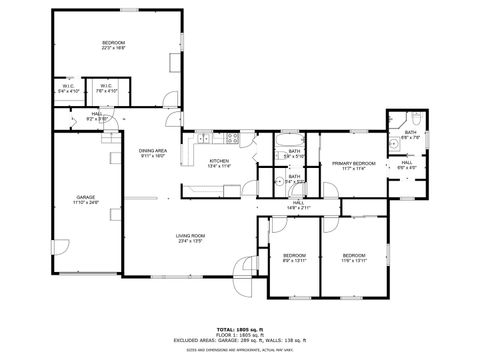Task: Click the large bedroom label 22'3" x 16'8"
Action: click(113, 45)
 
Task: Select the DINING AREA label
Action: click(153, 153)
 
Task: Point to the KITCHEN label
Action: click(219, 163)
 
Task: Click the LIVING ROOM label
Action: click(191, 238)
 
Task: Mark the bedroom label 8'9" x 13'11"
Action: click(294, 257)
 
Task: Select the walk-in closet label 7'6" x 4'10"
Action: click(107, 88)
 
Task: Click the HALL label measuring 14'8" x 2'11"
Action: click(298, 204)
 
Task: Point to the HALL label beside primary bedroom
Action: click(407, 165)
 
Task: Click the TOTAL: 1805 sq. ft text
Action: click(239, 328)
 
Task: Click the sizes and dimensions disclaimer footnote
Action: click(239, 349)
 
